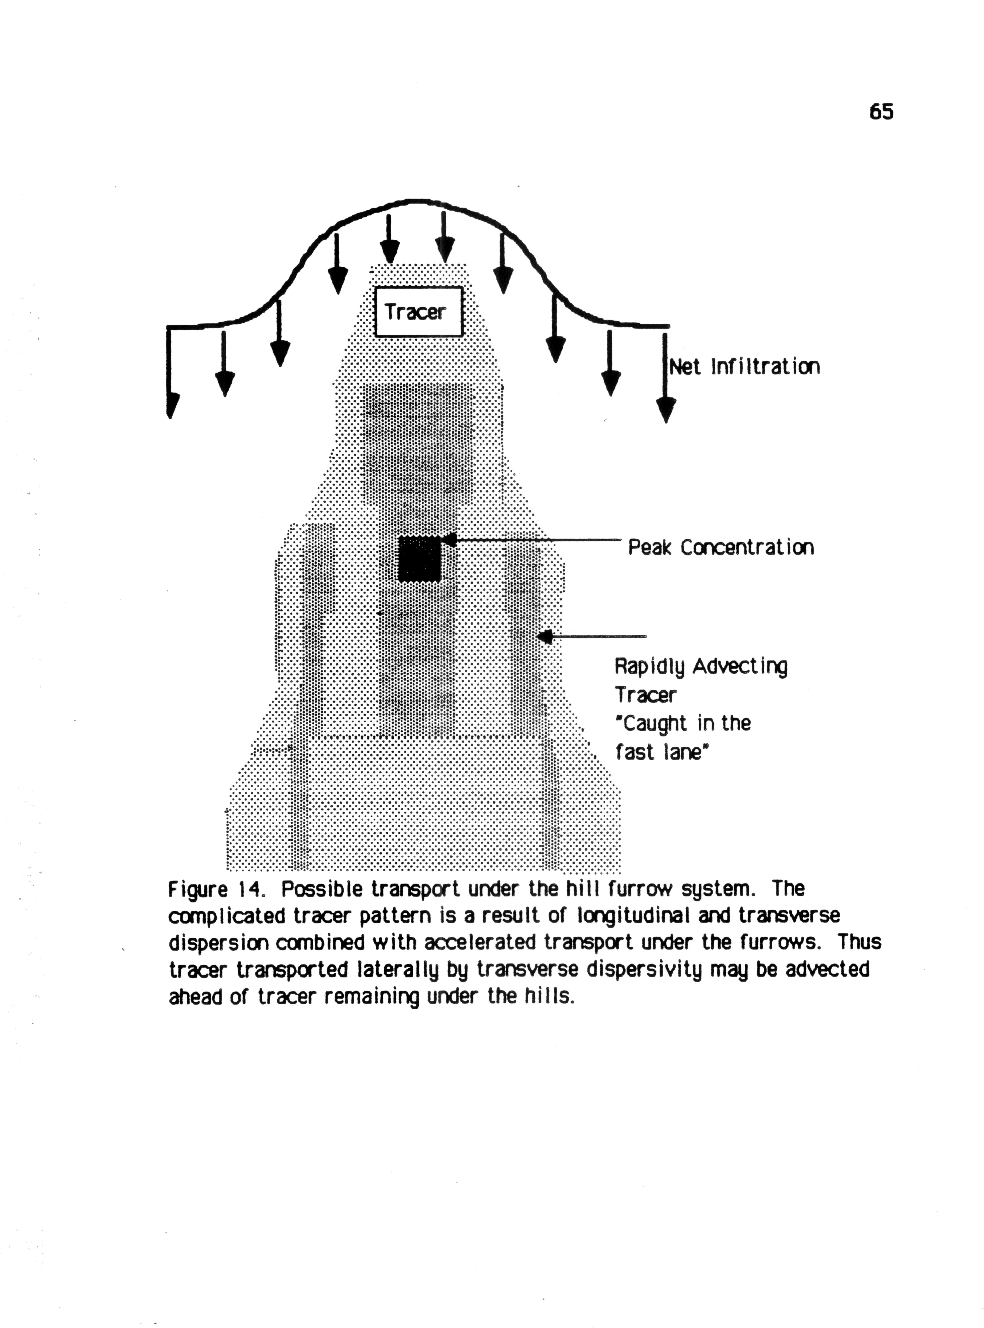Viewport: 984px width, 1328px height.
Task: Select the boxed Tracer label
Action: point(418,312)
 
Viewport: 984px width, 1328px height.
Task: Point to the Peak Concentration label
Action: point(721,547)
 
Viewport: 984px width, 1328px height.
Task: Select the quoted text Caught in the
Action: point(683,723)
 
